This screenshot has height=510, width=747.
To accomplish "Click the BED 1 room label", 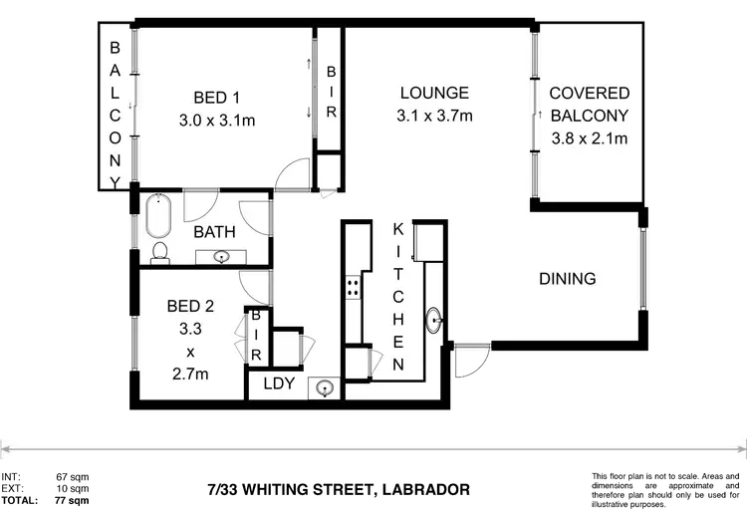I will point(216,97).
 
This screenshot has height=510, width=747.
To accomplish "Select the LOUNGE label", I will point(433,94).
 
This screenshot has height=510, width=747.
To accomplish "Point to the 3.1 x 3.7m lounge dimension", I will point(433,116).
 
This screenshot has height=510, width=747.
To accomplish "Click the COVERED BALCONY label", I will point(590,105).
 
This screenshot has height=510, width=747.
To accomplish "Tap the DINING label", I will point(567,279).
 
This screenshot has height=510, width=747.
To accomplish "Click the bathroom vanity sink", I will point(221,257).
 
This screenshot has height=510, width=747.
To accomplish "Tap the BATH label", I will point(214,232).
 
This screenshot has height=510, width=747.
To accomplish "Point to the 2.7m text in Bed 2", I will point(189,375).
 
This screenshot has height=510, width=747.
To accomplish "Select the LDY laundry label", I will point(279,383).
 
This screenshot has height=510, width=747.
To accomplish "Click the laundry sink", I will point(325,387).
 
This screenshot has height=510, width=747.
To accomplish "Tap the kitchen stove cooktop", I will point(353,288).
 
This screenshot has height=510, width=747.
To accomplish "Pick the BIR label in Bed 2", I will point(256,336).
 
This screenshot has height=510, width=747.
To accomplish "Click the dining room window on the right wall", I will point(645,268).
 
